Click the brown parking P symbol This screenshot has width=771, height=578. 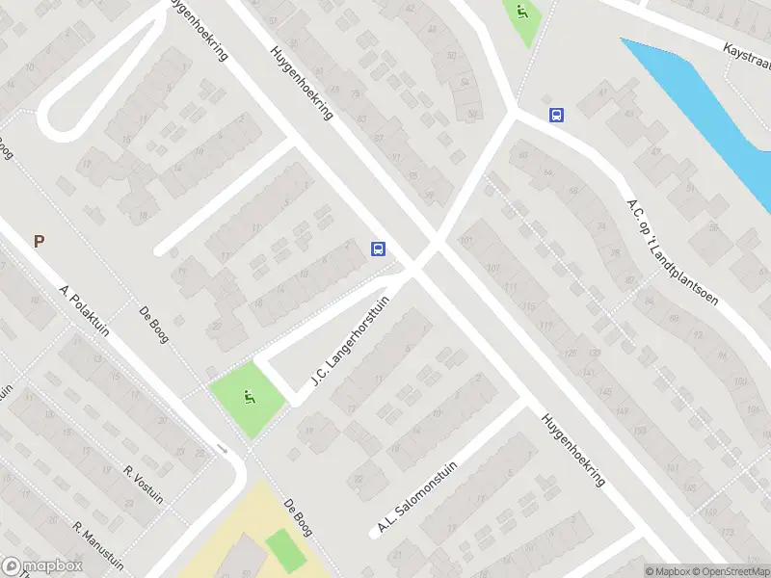click(x=40, y=242)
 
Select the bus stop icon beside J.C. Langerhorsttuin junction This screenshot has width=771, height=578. click(x=379, y=250)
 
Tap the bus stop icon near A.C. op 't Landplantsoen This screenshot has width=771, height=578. click(x=555, y=116)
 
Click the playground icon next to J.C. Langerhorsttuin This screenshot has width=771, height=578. click(x=250, y=395)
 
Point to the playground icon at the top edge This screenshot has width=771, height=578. click(x=521, y=13)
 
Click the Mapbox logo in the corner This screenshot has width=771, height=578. click(x=40, y=566)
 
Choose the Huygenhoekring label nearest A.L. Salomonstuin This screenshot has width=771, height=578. click(x=572, y=450)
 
